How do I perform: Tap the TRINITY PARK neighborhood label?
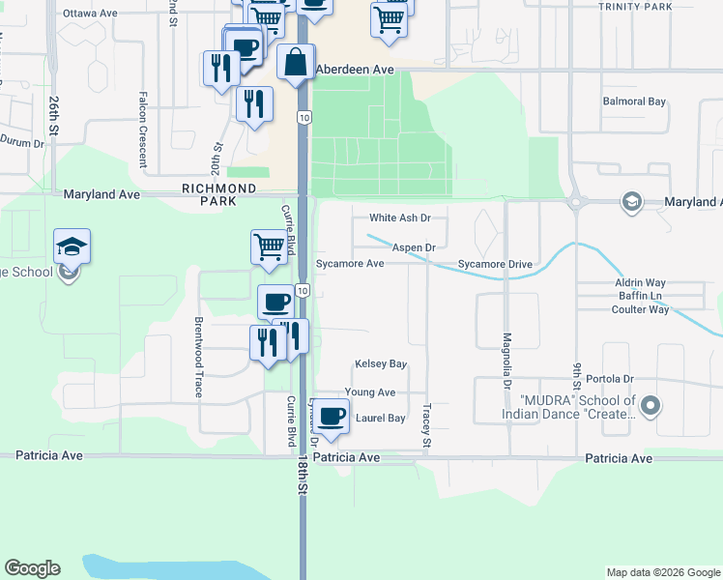(x=635, y=7)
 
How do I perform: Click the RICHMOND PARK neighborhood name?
(x=219, y=194)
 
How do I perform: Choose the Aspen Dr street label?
(x=413, y=248)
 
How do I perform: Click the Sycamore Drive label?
(x=495, y=264)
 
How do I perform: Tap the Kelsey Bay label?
(x=381, y=364)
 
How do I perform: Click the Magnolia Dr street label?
(x=506, y=362)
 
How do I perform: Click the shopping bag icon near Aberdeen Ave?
(x=295, y=63)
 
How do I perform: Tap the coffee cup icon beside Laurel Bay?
(x=332, y=417)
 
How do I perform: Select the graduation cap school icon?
(x=72, y=247)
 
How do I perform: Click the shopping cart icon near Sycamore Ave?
(x=270, y=246)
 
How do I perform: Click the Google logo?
(x=32, y=568)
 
